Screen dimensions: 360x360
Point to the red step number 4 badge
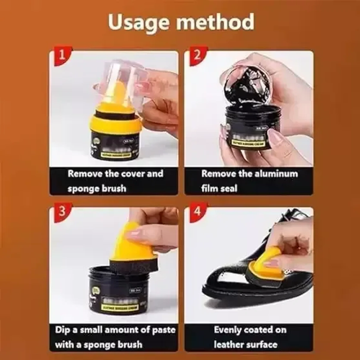pos(197,211)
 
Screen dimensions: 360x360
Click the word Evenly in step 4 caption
pos(227,330)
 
